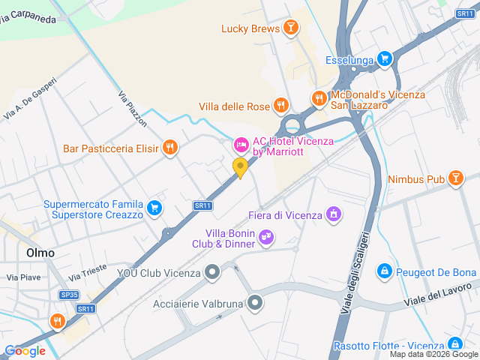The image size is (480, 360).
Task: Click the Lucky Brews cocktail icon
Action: (290, 29)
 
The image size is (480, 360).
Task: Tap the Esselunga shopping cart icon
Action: (385, 58)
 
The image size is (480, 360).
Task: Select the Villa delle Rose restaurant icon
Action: (281, 106)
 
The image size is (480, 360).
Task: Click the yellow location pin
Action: (240, 167)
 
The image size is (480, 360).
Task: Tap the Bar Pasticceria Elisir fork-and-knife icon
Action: (170, 148)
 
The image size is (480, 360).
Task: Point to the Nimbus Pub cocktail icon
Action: (454, 178)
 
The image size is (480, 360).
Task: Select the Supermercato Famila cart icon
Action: (154, 208)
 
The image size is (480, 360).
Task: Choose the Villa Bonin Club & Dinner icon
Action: (265, 238)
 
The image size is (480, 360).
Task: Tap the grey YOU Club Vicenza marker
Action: (213, 271)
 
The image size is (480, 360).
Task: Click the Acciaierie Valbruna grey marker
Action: (256, 303)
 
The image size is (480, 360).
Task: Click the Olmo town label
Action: (40, 253)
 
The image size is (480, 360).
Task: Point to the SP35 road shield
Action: (69, 295)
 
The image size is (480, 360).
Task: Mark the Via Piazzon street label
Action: (133, 107)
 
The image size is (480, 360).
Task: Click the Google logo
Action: (25, 350)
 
